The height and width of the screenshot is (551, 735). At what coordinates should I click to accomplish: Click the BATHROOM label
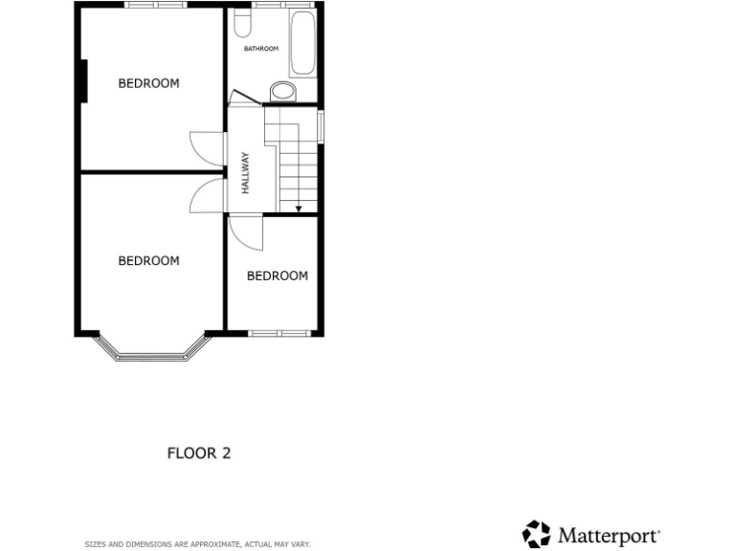260,49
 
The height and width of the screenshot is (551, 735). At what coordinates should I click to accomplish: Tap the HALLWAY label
245,173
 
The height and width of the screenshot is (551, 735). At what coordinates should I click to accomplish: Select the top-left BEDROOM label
148,83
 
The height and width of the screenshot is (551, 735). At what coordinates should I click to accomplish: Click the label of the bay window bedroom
148,260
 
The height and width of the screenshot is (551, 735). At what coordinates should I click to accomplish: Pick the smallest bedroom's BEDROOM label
278,275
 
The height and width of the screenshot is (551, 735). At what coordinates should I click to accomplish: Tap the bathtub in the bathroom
302,43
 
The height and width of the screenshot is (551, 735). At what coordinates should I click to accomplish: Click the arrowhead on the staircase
299,208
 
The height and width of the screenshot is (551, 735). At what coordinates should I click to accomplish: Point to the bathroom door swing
240,97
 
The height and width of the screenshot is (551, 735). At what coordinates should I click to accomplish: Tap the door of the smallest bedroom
240,232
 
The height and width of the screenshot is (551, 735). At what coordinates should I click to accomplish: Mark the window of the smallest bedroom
278,333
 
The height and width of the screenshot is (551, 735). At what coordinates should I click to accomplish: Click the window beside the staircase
322,128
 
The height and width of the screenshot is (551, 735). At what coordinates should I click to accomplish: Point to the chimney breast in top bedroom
83,80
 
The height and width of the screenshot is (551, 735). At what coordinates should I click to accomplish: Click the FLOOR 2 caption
199,452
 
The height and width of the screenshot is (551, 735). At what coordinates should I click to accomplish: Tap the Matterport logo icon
536,534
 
